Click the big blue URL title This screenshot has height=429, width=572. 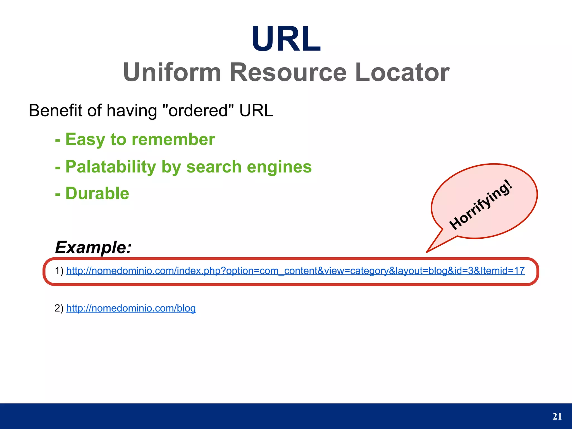[286, 39]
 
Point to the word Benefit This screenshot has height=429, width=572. [56, 111]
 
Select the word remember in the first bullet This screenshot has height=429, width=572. [173, 140]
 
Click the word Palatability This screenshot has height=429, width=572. [111, 167]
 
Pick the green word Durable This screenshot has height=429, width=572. [97, 193]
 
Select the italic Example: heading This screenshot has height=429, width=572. [93, 247]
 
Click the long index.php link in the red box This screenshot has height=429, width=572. [279, 271]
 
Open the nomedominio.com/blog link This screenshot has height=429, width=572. [131, 308]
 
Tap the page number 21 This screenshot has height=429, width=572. [557, 416]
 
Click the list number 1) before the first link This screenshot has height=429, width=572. [59, 271]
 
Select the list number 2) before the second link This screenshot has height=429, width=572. [59, 308]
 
